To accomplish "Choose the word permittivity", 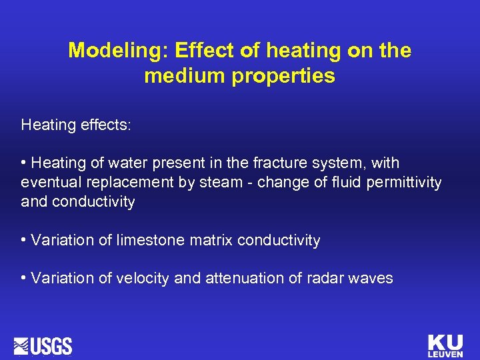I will coord(404,183).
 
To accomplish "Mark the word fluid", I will coord(347,183).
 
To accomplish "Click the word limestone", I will coord(150,240).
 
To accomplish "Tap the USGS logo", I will coord(43,346).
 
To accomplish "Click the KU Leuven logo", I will coord(445,345).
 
